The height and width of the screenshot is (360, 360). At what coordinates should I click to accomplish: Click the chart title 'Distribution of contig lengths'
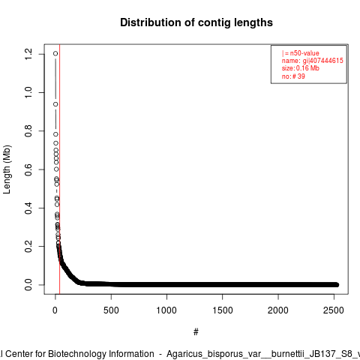coord(196,22)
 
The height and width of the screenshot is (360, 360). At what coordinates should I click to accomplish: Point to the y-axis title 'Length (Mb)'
coord(7,169)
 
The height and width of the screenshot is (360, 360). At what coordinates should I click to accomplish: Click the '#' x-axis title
coord(196,332)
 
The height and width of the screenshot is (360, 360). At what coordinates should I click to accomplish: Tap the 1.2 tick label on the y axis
coord(28,54)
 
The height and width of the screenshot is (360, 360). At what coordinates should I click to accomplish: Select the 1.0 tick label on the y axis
coord(28,92)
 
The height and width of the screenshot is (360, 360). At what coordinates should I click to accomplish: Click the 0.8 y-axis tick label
coord(28,131)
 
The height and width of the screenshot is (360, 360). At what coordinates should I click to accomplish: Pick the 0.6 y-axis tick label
coord(28,169)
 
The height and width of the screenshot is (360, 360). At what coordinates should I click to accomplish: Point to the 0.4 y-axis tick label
coord(28,208)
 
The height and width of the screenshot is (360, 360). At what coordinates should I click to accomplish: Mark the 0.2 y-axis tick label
coord(28,246)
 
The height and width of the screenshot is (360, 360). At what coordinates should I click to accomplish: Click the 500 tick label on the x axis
coord(111,310)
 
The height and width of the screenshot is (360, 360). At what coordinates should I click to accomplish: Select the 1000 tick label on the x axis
coord(166,310)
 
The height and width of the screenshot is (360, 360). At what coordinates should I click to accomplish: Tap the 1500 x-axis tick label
coord(223,310)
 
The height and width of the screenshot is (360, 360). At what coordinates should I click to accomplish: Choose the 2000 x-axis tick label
coord(278,310)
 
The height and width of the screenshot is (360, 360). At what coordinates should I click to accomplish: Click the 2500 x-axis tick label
coord(334,310)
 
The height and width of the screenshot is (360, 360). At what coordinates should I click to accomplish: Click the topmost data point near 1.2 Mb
coord(55,53)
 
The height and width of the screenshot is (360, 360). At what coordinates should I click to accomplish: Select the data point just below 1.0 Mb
coord(55,104)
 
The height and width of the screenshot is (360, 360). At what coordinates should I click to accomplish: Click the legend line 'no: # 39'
coord(293,76)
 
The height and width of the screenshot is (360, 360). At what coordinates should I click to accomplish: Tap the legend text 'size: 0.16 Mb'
coord(301,68)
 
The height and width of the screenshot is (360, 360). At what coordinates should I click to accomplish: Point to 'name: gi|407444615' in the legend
coord(313,61)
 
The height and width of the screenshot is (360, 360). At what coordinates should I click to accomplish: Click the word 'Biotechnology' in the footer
coord(100,354)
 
